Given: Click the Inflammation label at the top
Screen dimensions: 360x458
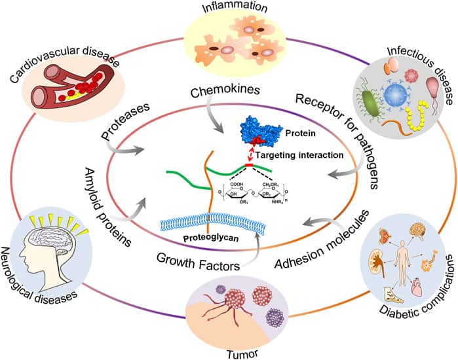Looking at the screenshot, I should click(x=228, y=8).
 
